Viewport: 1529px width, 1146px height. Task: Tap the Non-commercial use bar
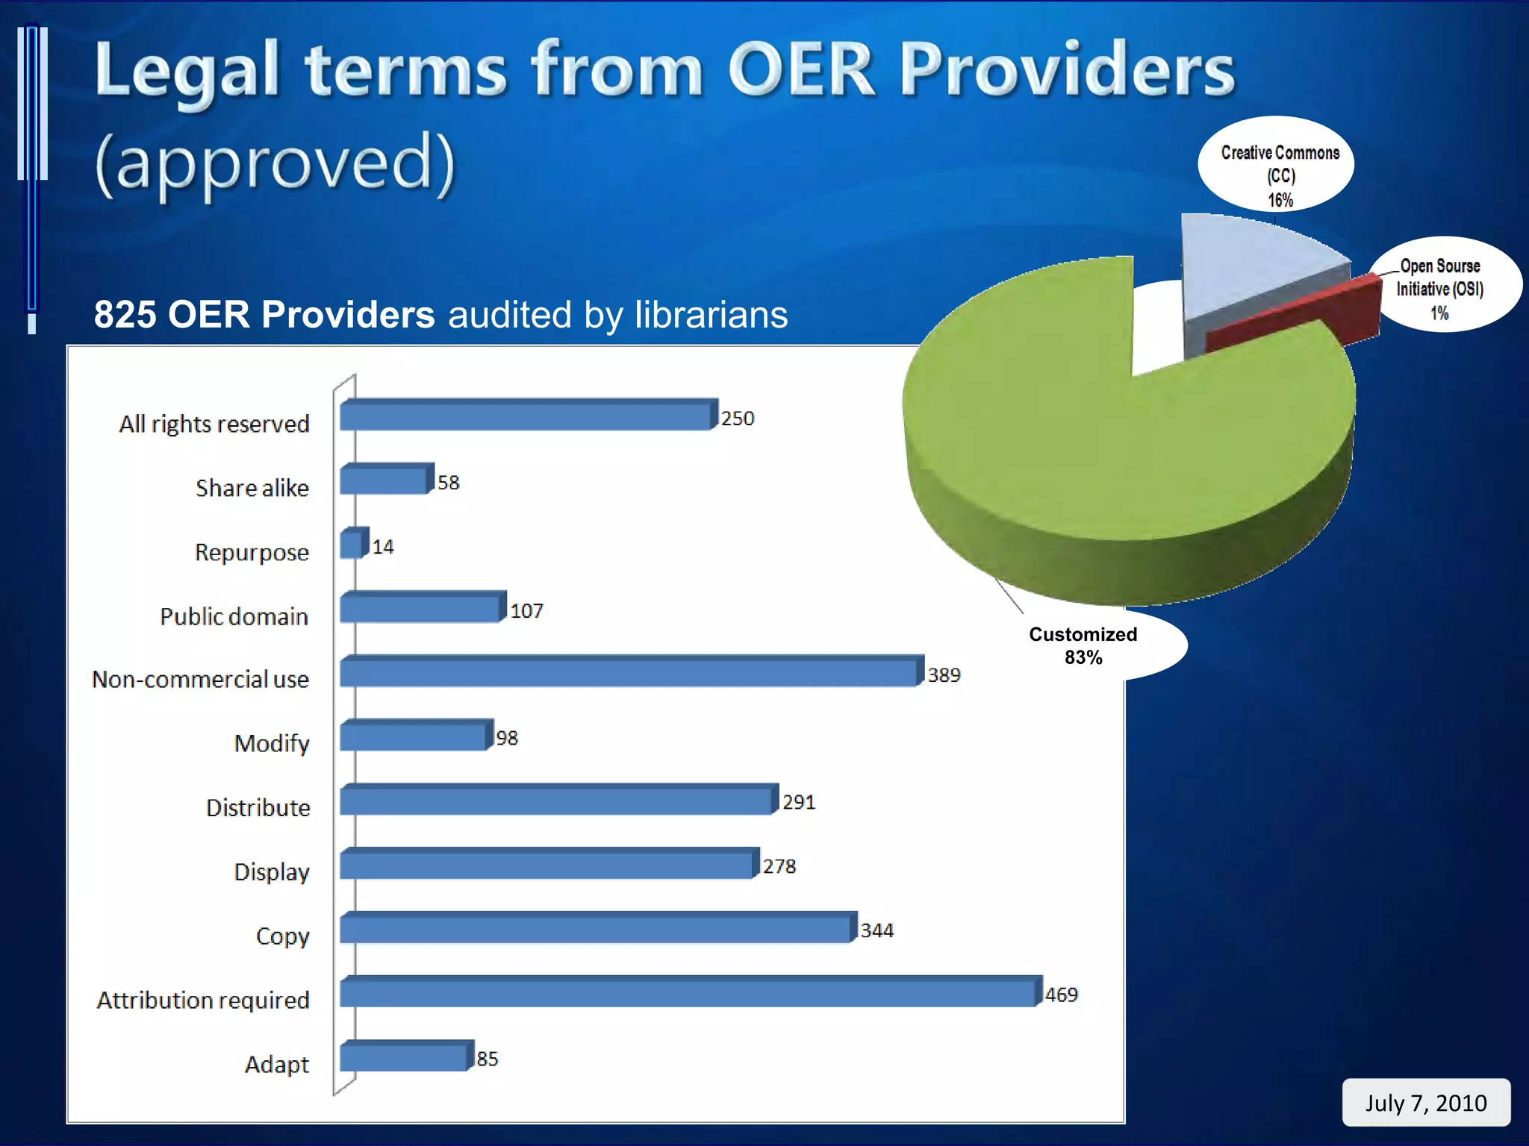pos(627,673)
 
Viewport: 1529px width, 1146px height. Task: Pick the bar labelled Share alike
pos(384,480)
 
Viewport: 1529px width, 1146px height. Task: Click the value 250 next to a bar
pos(738,419)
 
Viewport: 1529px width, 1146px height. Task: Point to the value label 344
pos(876,930)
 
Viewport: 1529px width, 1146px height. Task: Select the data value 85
pos(488,1059)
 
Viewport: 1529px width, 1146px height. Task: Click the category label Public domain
pos(234,616)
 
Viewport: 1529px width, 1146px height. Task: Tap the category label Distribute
pos(258,807)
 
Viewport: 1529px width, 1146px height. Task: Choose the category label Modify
pos(272,743)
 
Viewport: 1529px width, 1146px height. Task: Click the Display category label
pos(272,871)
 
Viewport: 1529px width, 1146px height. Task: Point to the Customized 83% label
pos(1083,645)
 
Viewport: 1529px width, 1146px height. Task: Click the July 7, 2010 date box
pos(1425,1103)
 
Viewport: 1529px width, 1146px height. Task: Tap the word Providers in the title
pos(1068,71)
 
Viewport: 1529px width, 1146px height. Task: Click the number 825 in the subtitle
pos(125,315)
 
